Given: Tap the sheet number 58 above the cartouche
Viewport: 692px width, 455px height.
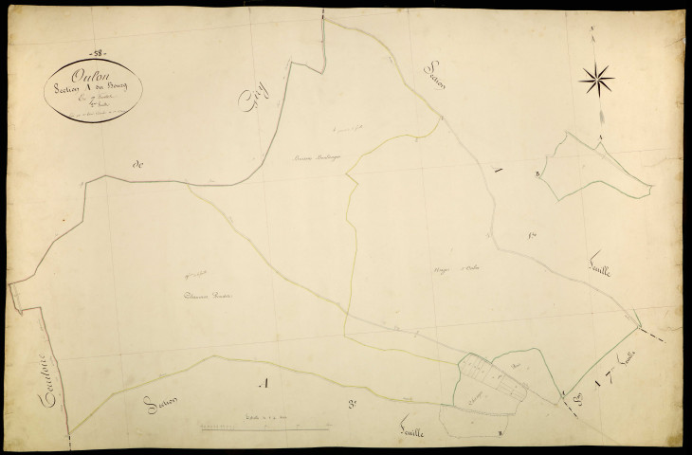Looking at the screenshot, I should [98, 51].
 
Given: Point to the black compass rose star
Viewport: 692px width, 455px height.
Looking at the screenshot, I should [595, 79].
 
